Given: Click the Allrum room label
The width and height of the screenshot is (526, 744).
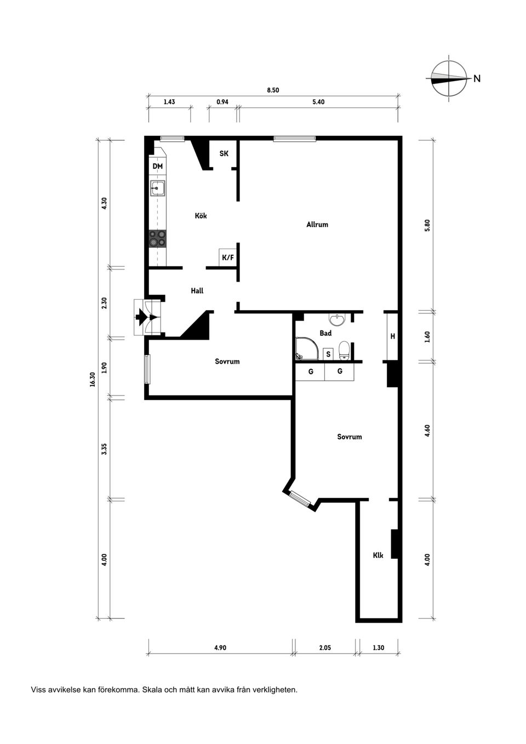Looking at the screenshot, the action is click(317, 225).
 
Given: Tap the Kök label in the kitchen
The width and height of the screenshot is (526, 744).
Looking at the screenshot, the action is click(201, 216).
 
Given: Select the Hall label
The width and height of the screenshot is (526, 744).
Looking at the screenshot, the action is click(197, 291).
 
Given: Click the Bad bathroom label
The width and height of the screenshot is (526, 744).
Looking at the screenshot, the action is click(325, 333).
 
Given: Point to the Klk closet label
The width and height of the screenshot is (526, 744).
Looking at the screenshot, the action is click(378, 555).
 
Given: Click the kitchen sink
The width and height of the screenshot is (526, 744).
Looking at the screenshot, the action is click(158, 188).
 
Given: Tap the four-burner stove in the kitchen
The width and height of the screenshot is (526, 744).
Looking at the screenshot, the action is click(157, 239).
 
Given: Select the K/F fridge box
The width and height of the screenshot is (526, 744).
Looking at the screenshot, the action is click(228, 257).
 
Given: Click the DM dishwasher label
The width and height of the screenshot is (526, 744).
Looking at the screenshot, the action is click(158, 166).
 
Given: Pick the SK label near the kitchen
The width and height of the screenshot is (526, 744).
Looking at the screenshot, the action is click(224, 153).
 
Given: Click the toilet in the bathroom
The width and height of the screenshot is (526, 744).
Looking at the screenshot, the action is click(344, 351).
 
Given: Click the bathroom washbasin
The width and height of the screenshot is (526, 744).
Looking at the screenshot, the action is click(338, 319).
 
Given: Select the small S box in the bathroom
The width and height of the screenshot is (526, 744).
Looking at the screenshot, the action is click(328, 354).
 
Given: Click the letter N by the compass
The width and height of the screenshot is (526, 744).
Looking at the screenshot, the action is click(477, 79).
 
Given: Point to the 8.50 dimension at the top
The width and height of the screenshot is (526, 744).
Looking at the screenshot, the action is click(273, 90).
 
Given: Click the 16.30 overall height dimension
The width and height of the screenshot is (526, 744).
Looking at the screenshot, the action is click(92, 379).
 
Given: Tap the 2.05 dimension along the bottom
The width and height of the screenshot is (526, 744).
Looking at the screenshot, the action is click(324, 648).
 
